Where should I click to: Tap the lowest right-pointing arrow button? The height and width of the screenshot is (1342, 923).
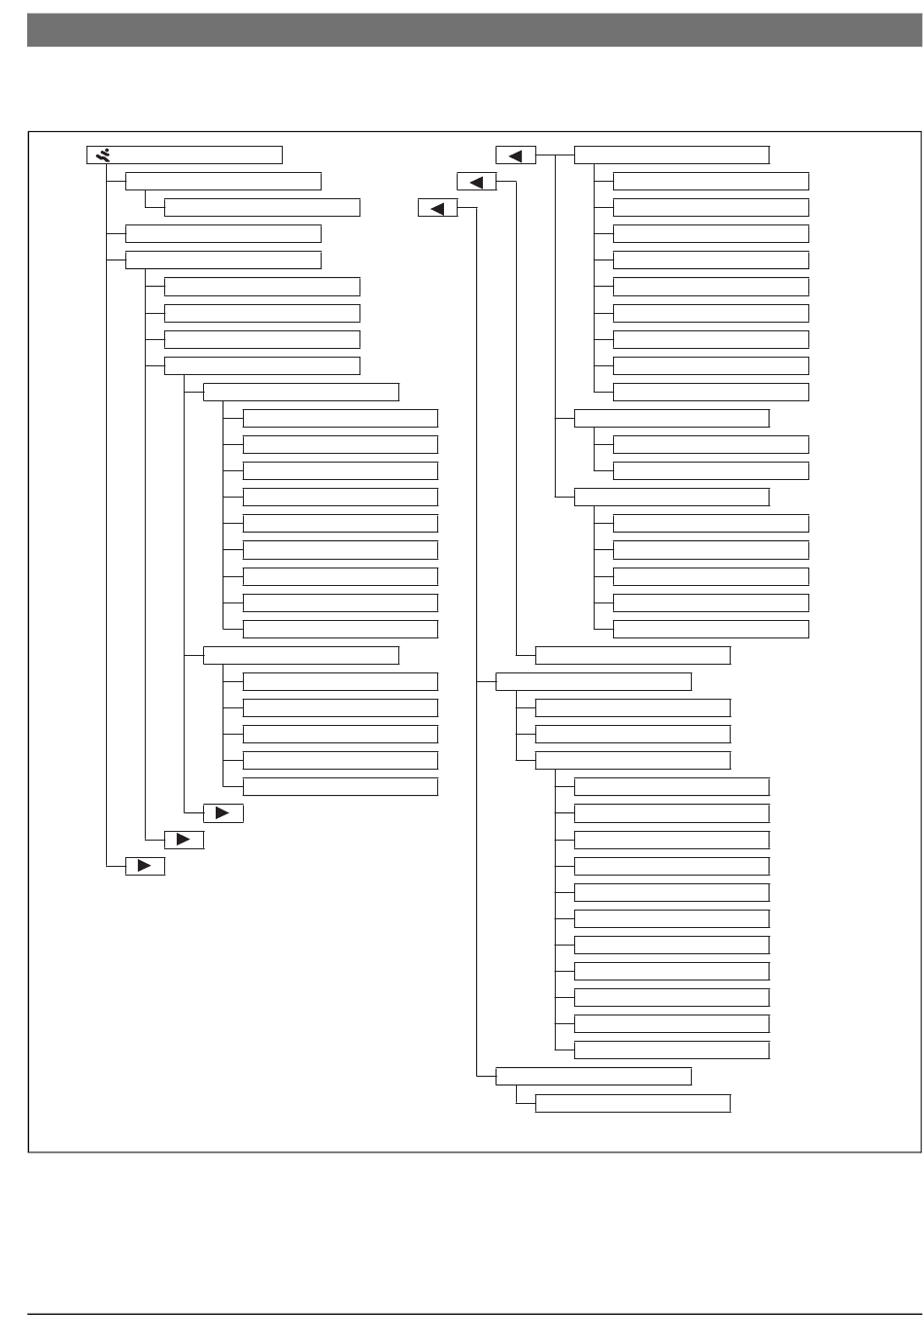145,867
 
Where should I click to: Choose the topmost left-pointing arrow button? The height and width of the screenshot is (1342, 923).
516,155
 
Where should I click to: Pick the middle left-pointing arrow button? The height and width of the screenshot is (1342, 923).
476,182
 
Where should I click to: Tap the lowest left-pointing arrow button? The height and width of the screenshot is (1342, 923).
437,208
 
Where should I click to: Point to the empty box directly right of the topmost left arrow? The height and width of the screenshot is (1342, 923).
671,155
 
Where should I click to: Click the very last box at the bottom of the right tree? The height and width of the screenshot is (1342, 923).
632,1103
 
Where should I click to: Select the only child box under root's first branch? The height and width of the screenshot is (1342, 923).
262,207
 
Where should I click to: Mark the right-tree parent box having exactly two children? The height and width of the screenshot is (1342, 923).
671,418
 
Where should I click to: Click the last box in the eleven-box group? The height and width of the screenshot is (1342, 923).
671,1050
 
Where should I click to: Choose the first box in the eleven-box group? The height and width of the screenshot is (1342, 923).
671,786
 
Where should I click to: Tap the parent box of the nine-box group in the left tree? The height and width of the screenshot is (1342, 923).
301,392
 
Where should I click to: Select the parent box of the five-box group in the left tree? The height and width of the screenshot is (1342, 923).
301,655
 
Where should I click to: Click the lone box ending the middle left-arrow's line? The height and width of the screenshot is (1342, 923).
632,655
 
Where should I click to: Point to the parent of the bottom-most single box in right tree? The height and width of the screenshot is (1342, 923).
594,1076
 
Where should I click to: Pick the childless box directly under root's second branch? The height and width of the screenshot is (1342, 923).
223,233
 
